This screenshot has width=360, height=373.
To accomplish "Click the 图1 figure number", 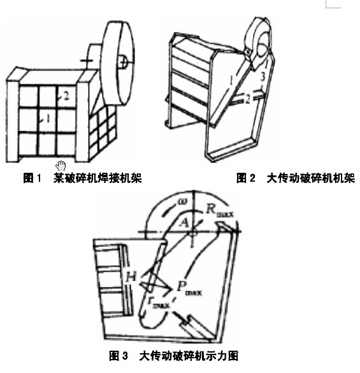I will (32, 179).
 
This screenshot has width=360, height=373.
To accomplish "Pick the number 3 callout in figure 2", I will (262, 77).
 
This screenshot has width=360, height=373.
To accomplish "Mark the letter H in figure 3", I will (131, 275).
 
